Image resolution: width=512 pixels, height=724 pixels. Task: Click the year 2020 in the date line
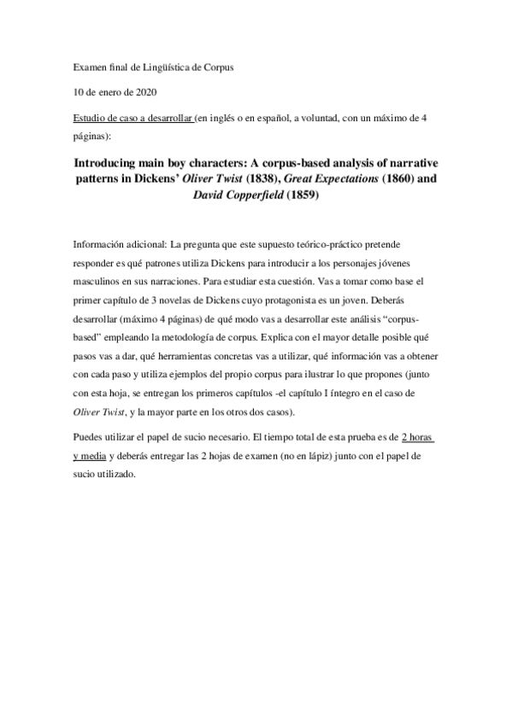(144, 90)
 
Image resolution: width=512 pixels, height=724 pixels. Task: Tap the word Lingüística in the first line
(168, 65)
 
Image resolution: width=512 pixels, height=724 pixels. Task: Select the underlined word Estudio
(92, 118)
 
